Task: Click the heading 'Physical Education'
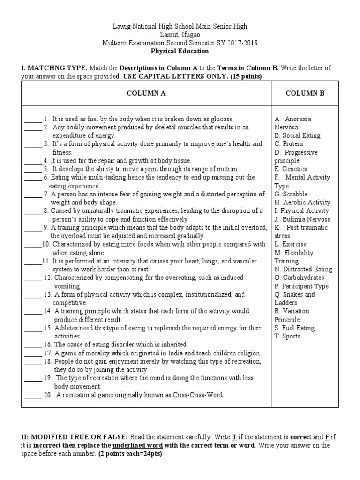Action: point(180,51)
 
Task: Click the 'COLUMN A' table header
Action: point(146,93)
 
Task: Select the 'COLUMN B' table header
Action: point(305,93)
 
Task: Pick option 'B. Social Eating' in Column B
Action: point(297,135)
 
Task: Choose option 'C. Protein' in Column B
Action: point(289,144)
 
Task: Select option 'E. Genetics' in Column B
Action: point(291,169)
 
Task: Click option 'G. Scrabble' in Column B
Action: point(291,194)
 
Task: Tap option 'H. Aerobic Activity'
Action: point(302,202)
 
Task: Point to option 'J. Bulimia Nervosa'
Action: point(302,219)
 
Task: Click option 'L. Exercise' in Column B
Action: point(291,244)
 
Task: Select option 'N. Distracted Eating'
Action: point(303,270)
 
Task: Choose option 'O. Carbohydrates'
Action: point(300,278)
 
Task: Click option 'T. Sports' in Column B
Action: point(287,336)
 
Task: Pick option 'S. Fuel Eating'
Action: point(294,328)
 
